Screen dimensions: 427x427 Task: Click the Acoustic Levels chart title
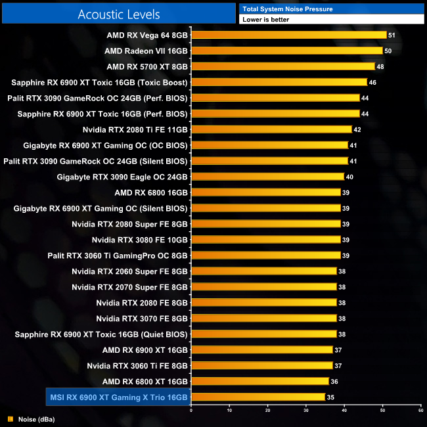118,14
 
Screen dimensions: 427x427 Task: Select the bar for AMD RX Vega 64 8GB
288,35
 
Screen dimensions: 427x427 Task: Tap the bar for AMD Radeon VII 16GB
286,51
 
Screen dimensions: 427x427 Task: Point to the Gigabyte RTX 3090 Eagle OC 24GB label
122,177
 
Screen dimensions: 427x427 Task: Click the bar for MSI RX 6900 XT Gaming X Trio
258,397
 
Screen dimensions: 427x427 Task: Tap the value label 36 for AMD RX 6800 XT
335,381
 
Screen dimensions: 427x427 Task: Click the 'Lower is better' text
265,20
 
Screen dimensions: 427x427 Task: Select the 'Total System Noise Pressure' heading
287,9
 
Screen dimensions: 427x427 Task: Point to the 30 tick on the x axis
305,411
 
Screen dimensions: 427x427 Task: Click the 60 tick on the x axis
420,411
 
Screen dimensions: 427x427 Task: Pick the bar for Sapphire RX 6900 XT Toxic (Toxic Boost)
279,82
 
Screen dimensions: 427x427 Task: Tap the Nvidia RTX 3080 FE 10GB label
140,240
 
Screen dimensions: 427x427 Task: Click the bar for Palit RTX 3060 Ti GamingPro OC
265,256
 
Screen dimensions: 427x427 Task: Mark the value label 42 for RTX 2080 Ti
358,129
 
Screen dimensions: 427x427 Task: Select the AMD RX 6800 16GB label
151,192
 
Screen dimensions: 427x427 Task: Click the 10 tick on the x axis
229,411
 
